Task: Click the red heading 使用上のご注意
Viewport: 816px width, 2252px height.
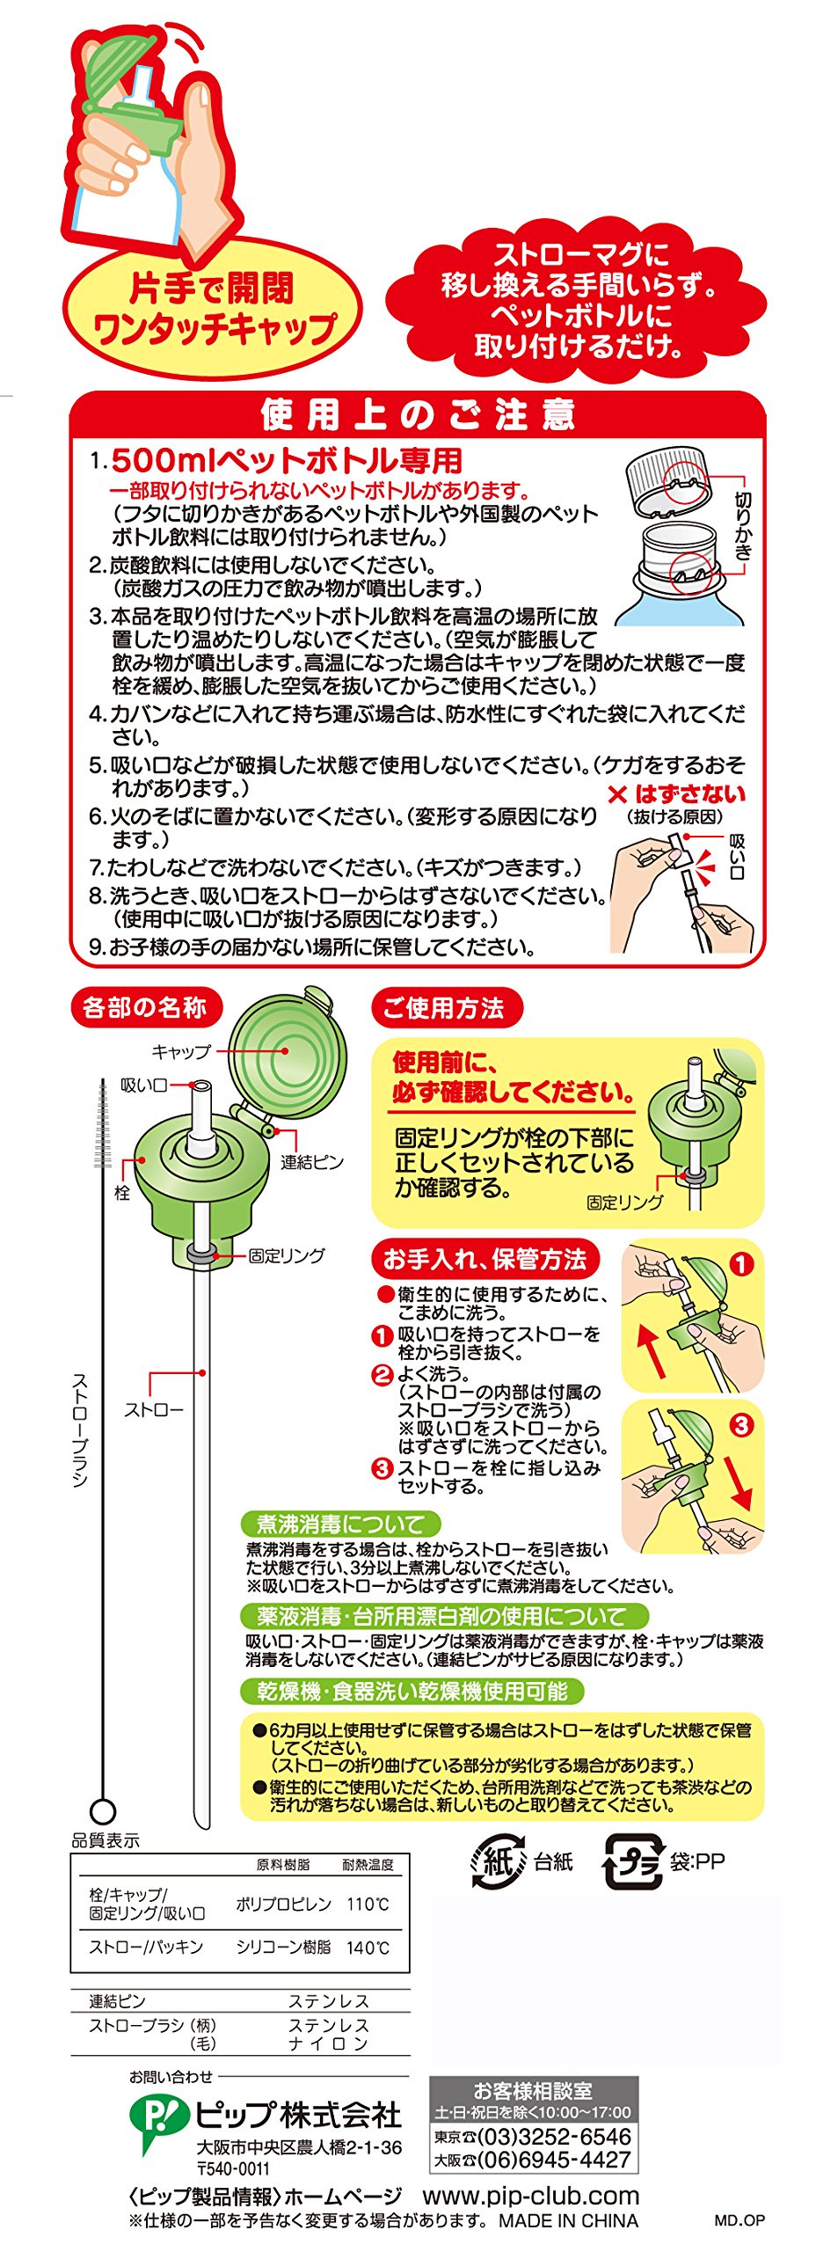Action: pos(418,414)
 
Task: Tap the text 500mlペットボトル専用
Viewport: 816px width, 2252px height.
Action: pos(287,460)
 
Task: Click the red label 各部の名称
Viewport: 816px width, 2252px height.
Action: pos(145,1007)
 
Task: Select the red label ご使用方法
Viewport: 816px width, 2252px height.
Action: pos(444,1007)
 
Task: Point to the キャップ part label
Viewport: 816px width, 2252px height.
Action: pos(181,1051)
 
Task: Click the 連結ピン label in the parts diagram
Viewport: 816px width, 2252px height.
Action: pos(312,1162)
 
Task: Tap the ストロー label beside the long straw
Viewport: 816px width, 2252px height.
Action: pos(154,1410)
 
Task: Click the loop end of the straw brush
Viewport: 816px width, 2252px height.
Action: pos(103,1811)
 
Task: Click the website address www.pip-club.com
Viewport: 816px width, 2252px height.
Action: pos(531,2196)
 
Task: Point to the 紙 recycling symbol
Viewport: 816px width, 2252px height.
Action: pos(499,1861)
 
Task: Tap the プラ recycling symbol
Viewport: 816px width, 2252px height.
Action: pos(632,1861)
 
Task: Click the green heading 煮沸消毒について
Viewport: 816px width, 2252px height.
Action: pos(340,1524)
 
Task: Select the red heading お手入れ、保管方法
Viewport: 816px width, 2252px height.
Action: pos(484,1260)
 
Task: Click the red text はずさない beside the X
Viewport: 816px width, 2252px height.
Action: pos(690,794)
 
